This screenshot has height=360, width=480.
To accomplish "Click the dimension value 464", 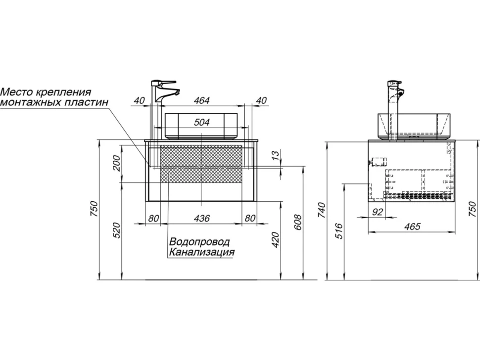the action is pos(202,100).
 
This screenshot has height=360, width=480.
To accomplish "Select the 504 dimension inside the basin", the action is pos(202,122).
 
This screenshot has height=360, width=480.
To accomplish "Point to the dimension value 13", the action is pos(276,155).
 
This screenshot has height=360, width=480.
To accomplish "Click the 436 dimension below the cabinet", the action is pos(202,218).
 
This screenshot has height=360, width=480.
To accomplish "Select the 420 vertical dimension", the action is pos(276,240).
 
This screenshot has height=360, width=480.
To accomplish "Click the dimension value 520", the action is pos(117,230).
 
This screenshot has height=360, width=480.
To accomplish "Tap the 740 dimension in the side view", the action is pos(321,210).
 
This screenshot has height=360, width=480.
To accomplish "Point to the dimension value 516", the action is pos(338,231).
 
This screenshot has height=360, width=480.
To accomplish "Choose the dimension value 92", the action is pos(378,212).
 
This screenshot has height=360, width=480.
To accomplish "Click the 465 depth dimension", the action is pos(412,226).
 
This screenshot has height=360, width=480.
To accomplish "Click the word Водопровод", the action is pos(199,242).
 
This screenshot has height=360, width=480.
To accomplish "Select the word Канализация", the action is pos(202,252).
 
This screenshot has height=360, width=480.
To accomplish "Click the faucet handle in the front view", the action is pos(168,82).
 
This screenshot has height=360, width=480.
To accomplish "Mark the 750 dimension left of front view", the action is pos(94,209).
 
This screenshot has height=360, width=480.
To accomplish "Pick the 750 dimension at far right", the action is pos(473,209).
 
